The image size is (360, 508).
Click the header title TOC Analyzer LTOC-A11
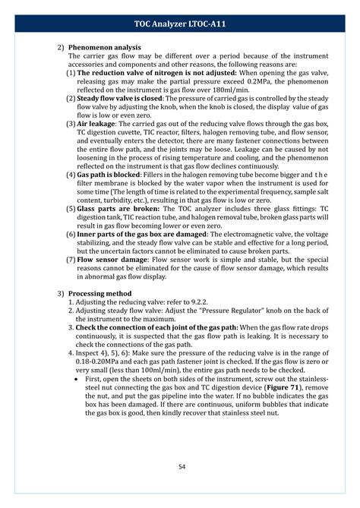pyautogui.click(x=180, y=25)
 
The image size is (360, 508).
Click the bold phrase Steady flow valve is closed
pyautogui.click(x=119, y=97)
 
